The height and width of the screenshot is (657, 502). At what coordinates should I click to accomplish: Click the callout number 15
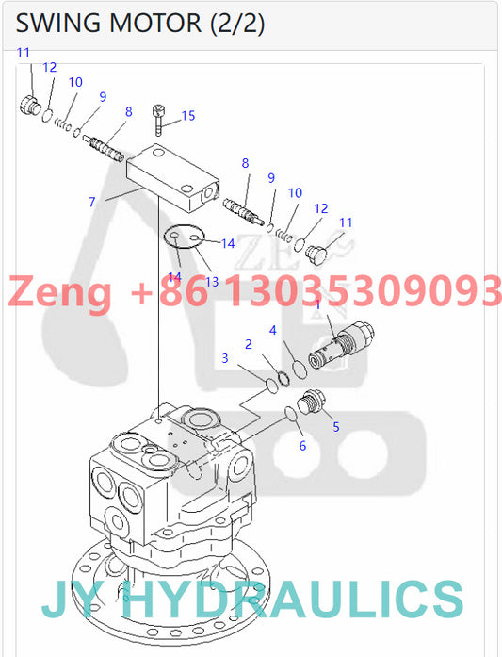[x=188, y=116]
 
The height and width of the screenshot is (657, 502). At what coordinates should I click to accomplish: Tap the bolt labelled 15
[x=158, y=120]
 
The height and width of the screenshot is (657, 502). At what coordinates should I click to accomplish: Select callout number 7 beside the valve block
[x=92, y=203]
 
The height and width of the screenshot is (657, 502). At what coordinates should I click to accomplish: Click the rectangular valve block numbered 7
[x=173, y=177]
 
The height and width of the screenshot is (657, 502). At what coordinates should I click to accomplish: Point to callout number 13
[x=212, y=282]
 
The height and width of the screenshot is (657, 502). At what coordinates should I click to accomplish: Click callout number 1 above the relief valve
[x=317, y=304]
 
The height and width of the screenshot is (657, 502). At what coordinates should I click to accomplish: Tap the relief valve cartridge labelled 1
[x=341, y=344]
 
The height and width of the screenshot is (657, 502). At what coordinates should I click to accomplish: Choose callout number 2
[x=249, y=344]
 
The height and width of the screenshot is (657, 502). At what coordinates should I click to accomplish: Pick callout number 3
[x=225, y=358]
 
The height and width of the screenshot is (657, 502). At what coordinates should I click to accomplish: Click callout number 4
[x=272, y=330]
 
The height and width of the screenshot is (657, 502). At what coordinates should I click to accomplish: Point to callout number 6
[x=302, y=446]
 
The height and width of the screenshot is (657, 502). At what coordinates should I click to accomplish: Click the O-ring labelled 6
[x=291, y=413]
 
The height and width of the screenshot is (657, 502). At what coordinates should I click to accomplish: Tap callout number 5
[x=336, y=427]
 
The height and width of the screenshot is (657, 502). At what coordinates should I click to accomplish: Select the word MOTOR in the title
[x=155, y=23]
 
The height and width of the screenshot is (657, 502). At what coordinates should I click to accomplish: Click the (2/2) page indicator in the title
[x=236, y=24]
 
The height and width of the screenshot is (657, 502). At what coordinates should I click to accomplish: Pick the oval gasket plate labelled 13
[x=184, y=237]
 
